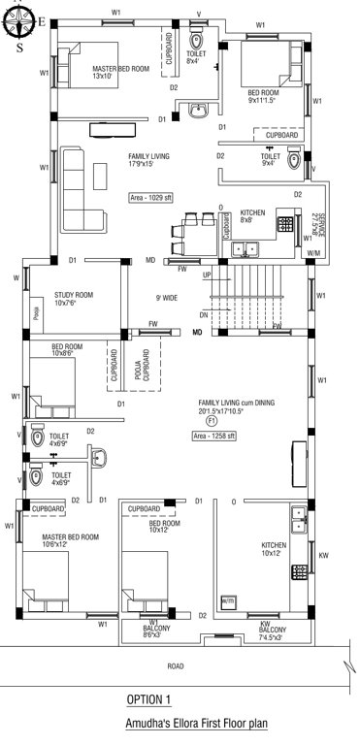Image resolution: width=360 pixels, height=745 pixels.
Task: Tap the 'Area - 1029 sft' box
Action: click(151, 197)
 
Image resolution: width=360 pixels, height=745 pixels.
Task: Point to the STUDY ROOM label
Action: click(73, 298)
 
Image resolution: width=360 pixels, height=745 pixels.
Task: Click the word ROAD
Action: click(176, 666)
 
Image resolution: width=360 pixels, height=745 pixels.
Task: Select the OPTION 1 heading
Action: click(148, 698)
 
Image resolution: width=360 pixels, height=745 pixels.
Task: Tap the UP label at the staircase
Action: click(207, 275)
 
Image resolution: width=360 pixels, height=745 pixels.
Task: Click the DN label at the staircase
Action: click(204, 315)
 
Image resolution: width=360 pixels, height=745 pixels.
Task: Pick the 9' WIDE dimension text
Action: click(165, 297)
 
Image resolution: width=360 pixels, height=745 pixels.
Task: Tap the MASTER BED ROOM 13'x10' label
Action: click(120, 73)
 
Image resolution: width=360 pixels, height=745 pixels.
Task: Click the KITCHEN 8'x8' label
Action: click(253, 216)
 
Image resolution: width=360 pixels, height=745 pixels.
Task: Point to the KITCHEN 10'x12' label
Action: click(275, 550)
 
